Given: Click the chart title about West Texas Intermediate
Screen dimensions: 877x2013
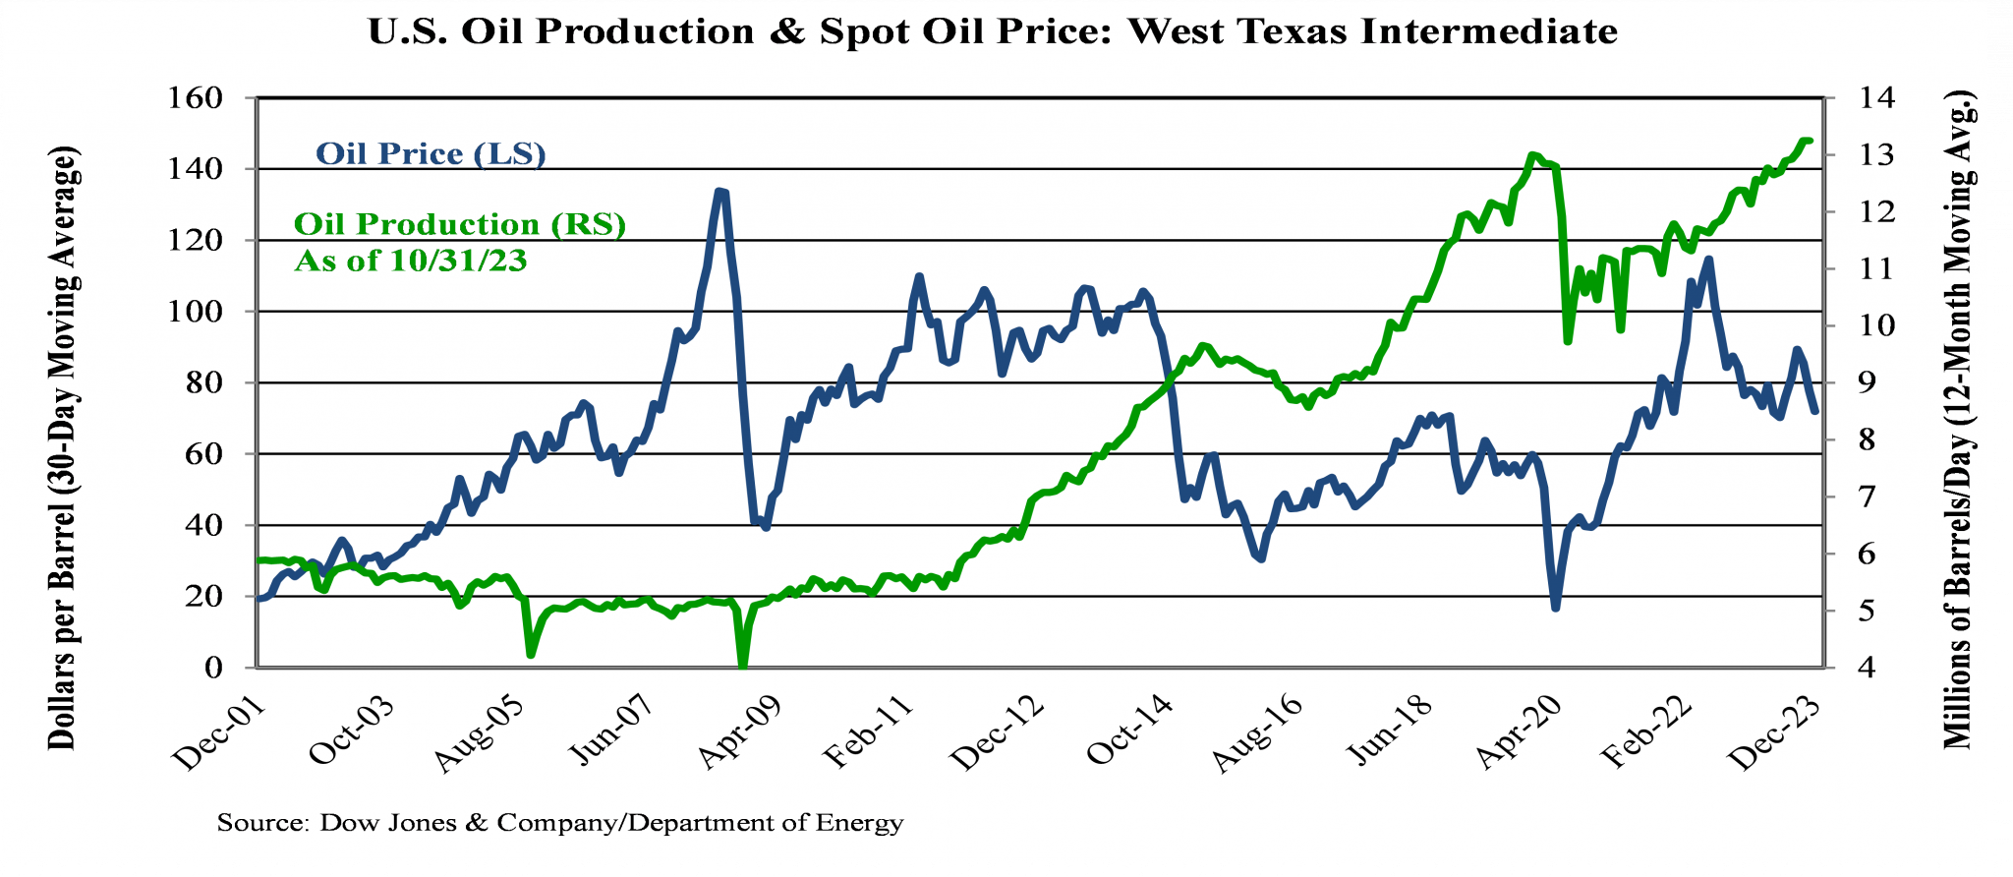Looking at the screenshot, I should (x=993, y=31).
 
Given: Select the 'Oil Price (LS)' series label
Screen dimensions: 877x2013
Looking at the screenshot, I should (x=431, y=154).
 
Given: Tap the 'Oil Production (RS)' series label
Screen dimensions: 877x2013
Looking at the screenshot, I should (x=460, y=224).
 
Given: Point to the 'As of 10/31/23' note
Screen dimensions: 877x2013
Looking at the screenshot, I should (x=411, y=262).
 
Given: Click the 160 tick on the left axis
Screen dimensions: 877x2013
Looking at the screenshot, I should (x=199, y=98).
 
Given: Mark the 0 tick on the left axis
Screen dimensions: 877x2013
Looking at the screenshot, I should (x=212, y=668).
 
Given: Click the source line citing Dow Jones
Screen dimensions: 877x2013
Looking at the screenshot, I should (x=560, y=823).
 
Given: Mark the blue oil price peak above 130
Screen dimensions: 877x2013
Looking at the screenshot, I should (x=720, y=192).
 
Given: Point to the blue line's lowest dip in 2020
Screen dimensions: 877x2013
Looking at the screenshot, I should (x=1556, y=608).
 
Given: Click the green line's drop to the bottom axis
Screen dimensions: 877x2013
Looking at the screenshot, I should (x=743, y=664).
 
